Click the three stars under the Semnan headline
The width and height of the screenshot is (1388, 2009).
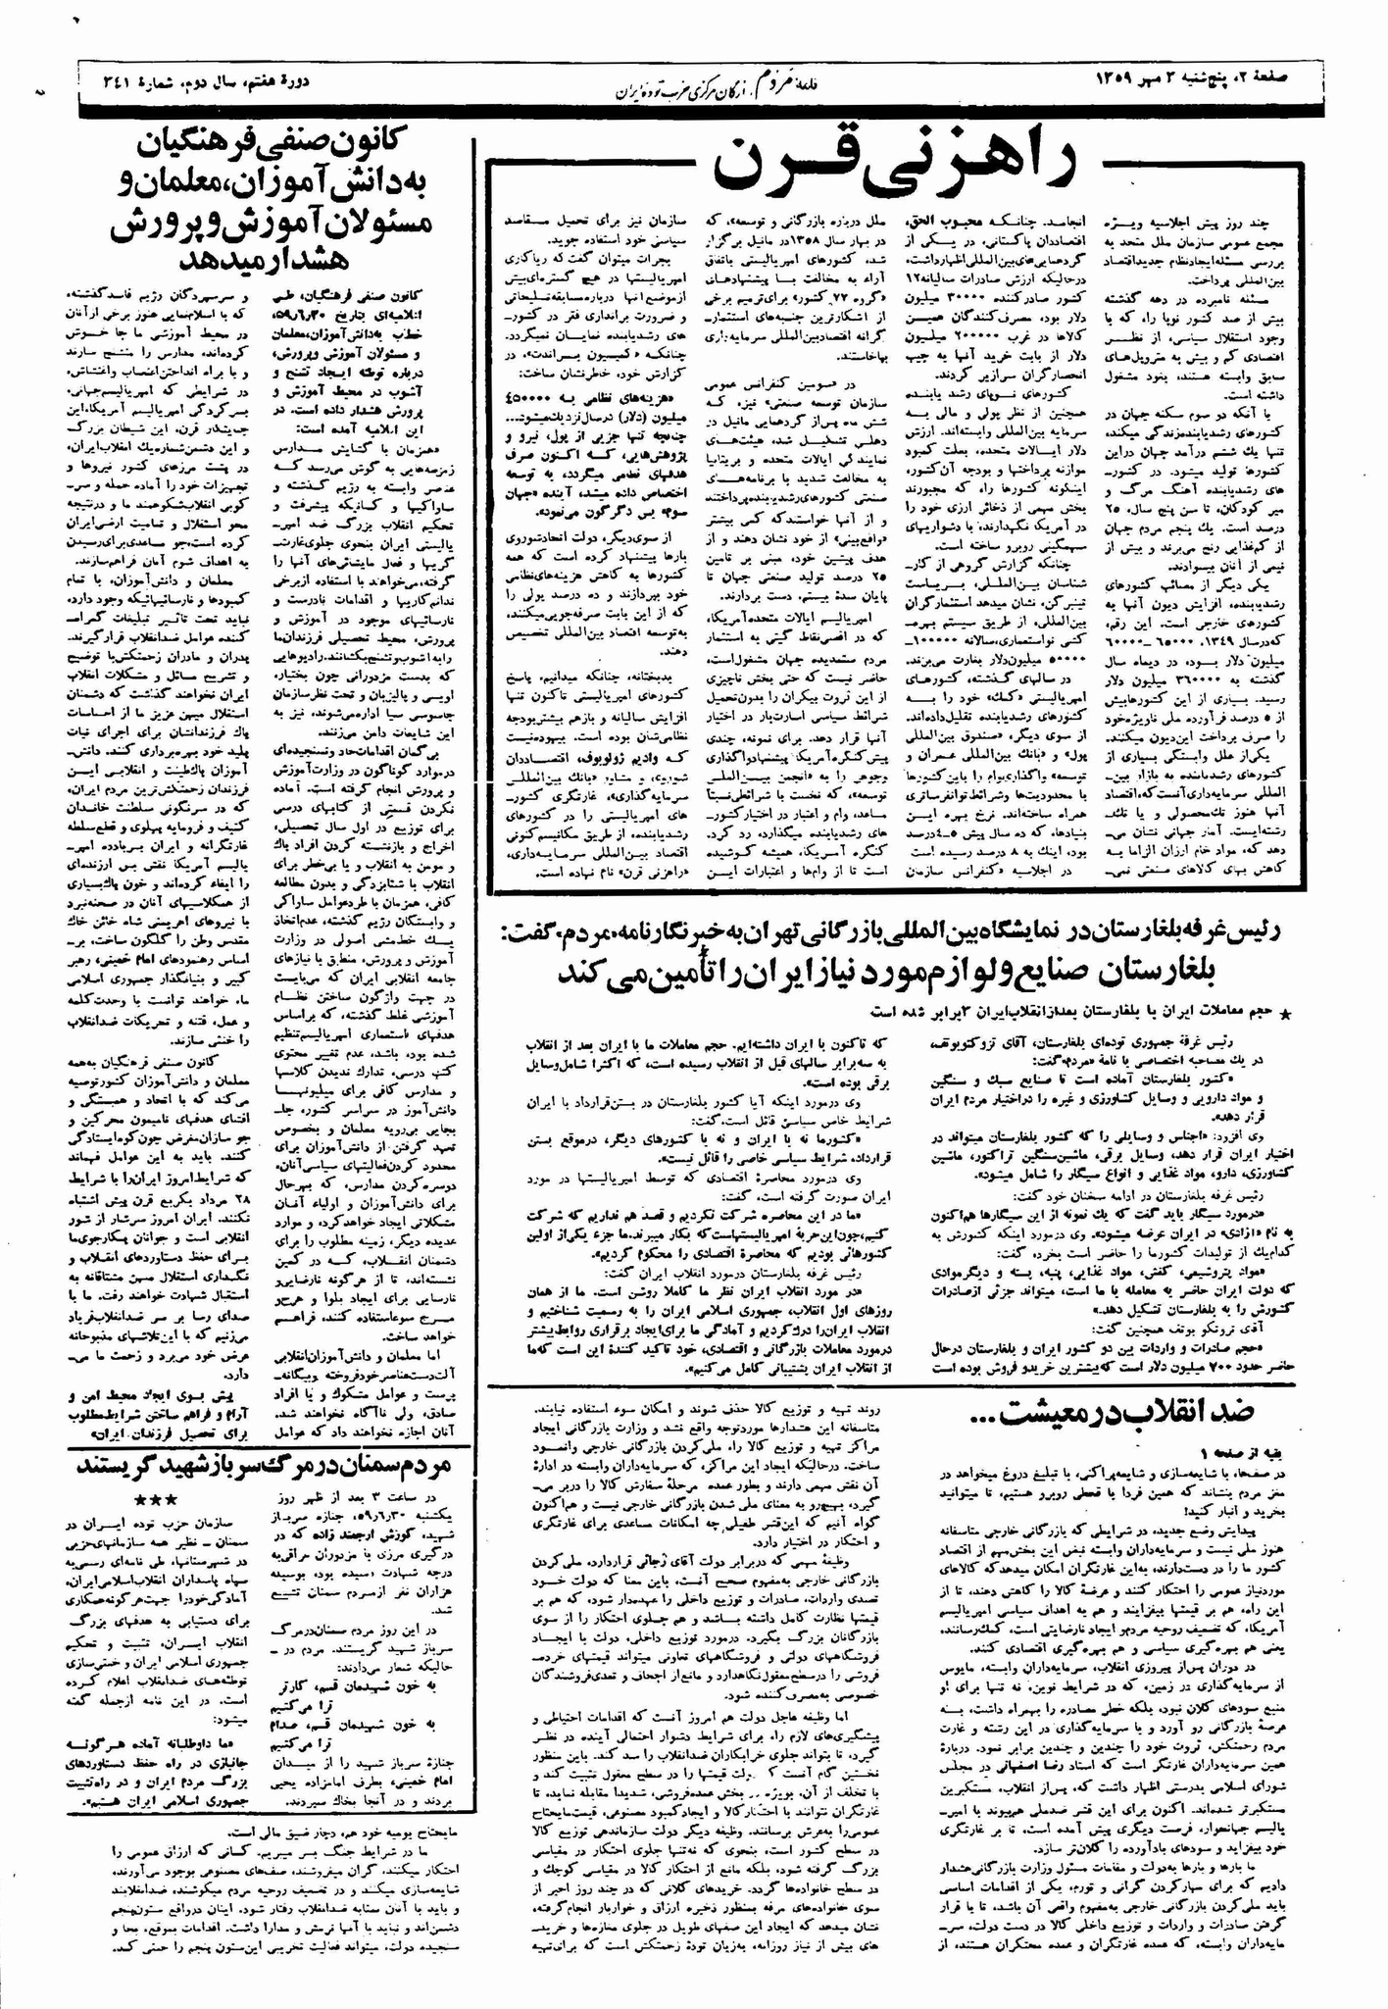point(157,1501)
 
